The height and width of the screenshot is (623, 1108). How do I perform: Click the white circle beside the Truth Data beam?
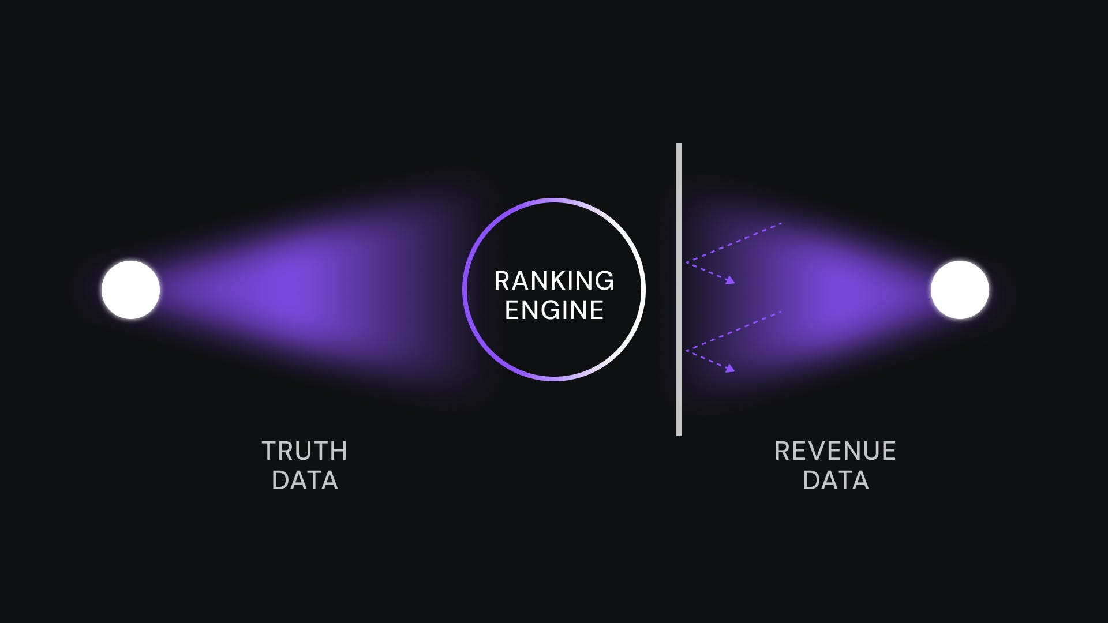coord(130,290)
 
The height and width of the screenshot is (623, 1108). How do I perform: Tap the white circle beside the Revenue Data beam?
coord(960,290)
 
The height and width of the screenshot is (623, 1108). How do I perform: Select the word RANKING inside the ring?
coord(554,281)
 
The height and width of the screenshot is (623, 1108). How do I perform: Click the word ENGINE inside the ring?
coord(554,310)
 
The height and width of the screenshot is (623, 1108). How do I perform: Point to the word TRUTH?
coord(305,451)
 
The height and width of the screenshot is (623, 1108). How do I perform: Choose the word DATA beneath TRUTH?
coord(305,481)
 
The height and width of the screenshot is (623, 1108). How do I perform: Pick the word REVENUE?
coord(835,451)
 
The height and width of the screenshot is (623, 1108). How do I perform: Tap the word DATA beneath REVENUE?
coord(836,481)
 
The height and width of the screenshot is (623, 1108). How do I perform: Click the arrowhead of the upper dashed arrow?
coord(732,281)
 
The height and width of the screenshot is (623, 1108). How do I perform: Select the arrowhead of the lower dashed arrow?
coord(732,369)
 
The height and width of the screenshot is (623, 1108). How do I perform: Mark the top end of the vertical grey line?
coord(679,145)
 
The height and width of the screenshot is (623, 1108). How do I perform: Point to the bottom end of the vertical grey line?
coord(679,434)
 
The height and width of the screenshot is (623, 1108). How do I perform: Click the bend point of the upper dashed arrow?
coord(687,262)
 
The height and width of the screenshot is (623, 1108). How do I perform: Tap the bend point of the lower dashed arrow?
coord(687,350)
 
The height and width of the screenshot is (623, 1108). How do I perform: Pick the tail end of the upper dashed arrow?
coord(781,223)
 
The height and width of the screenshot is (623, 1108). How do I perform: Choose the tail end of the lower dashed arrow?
coord(781,311)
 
